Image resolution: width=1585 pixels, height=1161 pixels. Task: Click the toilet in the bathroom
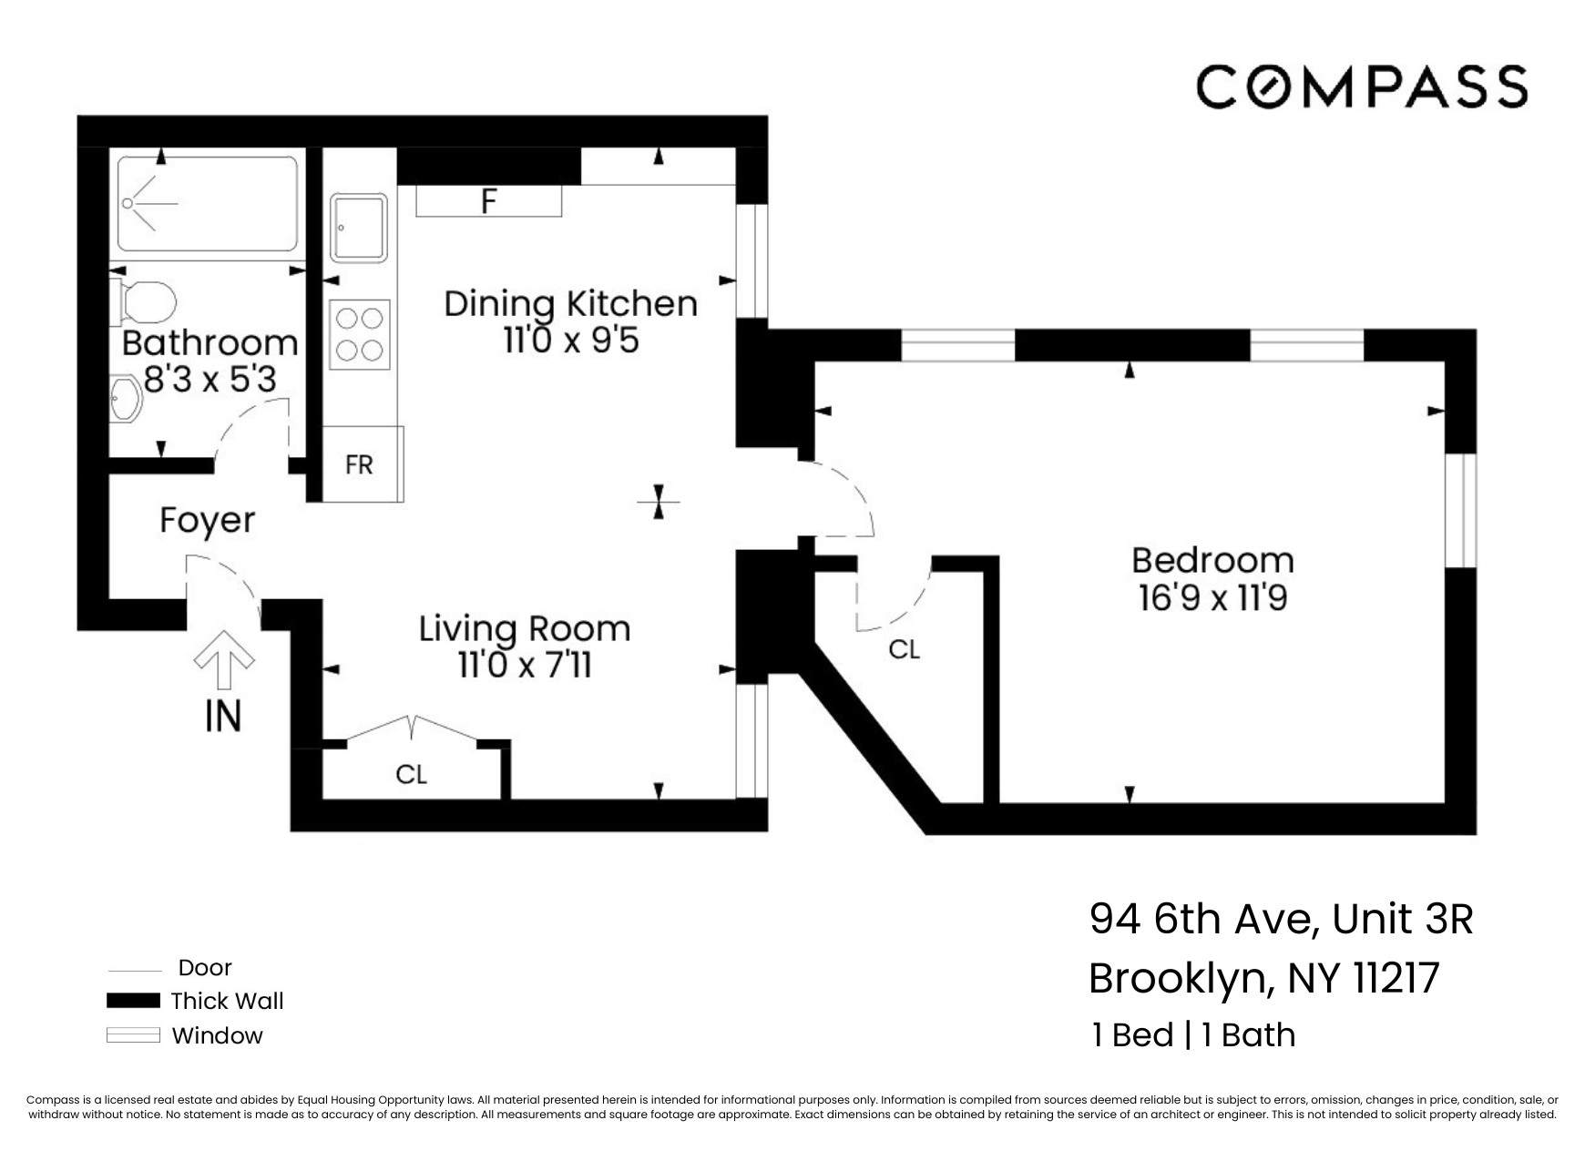[146, 301]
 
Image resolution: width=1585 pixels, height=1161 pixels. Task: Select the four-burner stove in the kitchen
[360, 334]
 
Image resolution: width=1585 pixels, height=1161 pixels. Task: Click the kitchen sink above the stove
[359, 227]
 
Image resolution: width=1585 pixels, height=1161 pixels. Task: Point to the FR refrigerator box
[361, 464]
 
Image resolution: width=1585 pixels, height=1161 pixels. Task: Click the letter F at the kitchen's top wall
[489, 201]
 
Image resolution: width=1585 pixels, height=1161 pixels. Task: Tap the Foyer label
[207, 520]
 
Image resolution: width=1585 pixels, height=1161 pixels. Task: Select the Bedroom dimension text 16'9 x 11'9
[1212, 597]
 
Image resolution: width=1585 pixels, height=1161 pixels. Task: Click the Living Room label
[524, 628]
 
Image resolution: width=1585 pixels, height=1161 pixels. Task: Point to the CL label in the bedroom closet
[904, 649]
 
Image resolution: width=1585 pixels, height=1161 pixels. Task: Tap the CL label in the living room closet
[411, 774]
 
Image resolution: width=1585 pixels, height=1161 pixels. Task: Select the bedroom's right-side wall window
[1460, 510]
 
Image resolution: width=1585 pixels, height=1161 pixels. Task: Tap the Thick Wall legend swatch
[133, 1001]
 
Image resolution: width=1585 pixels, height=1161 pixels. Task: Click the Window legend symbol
[133, 1035]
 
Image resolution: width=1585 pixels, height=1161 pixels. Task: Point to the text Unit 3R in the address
[1402, 919]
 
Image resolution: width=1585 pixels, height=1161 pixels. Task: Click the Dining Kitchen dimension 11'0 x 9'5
[570, 341]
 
